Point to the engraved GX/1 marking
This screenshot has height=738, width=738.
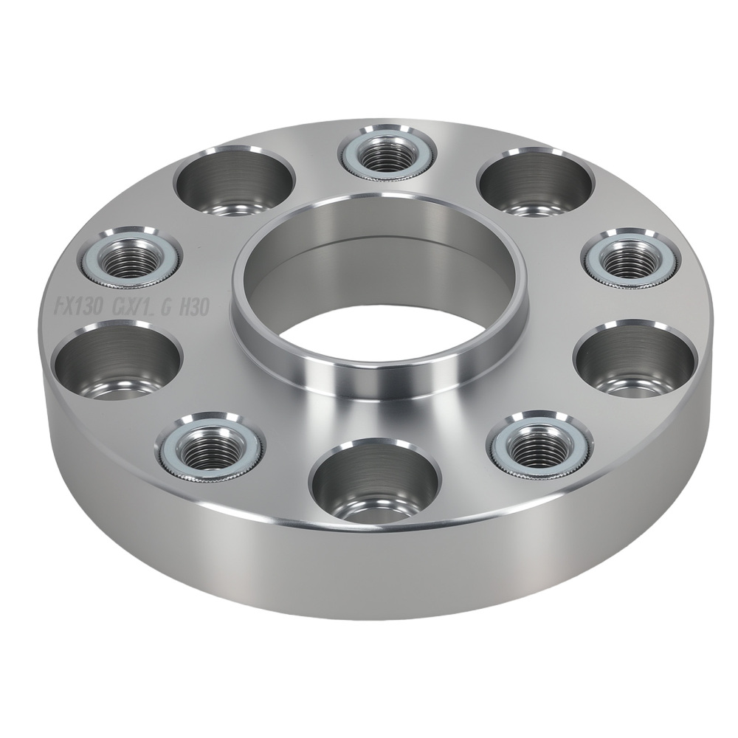(131, 306)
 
